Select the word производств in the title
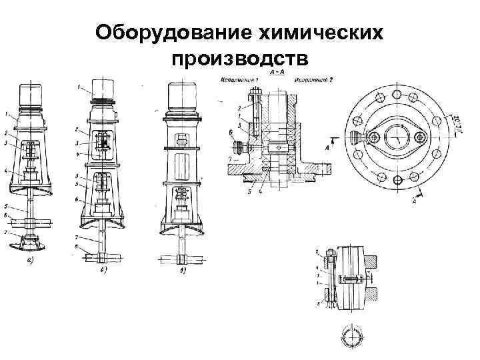[x=239, y=59]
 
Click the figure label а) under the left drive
[x=31, y=262]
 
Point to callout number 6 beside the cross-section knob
[x=231, y=133]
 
